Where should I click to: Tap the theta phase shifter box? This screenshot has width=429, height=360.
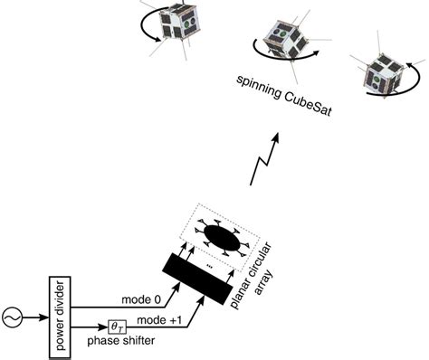coord(116,327)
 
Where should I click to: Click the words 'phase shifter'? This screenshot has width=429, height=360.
coord(120,342)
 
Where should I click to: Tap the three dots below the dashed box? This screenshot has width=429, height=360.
coord(210,268)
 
